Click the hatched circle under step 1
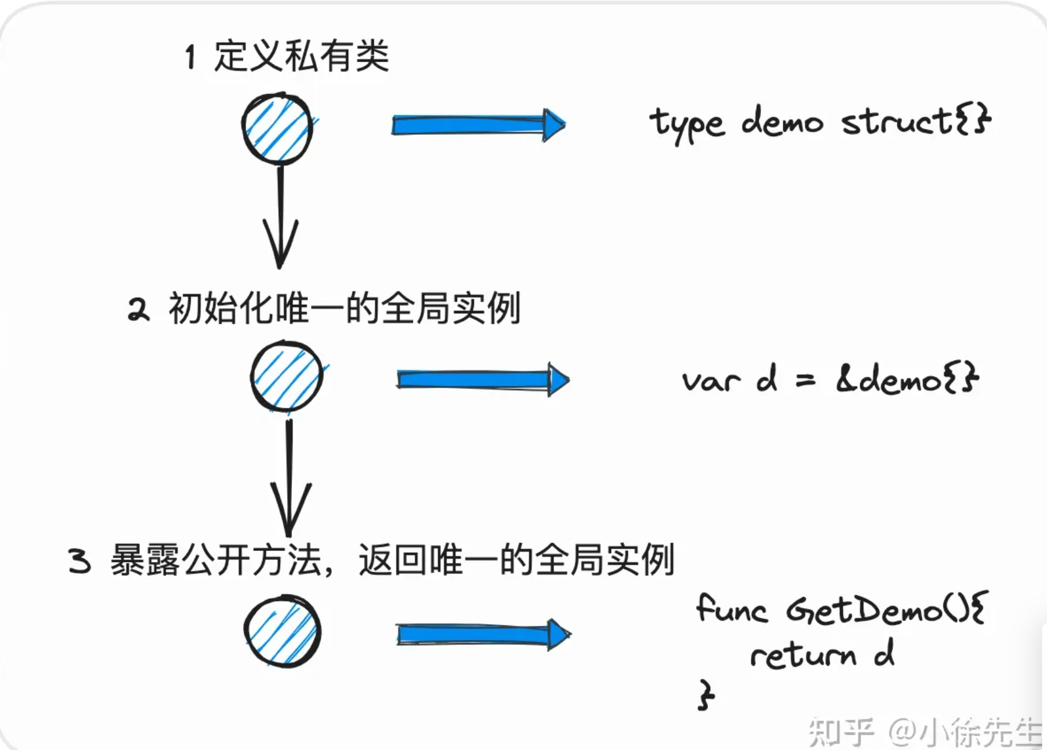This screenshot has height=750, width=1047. (x=277, y=128)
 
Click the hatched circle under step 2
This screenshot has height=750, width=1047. (x=287, y=377)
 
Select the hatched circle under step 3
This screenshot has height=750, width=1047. (x=283, y=631)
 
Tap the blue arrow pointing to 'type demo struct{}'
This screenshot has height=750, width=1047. (x=478, y=125)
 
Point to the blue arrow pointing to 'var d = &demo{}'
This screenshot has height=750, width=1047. (x=482, y=379)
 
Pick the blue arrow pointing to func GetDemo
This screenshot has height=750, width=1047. (x=482, y=634)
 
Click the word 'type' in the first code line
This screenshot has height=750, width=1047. (x=686, y=123)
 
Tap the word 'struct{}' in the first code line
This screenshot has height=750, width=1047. (x=915, y=121)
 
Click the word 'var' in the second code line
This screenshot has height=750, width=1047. (x=710, y=381)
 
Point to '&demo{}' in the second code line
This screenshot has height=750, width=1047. (x=907, y=379)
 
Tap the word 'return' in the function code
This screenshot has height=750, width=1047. (x=802, y=656)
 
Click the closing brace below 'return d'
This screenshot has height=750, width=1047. (x=705, y=695)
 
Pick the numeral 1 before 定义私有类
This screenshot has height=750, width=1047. (x=190, y=57)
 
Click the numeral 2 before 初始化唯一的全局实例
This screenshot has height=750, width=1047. (x=138, y=310)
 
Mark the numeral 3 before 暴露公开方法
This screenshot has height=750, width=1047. (x=79, y=561)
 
